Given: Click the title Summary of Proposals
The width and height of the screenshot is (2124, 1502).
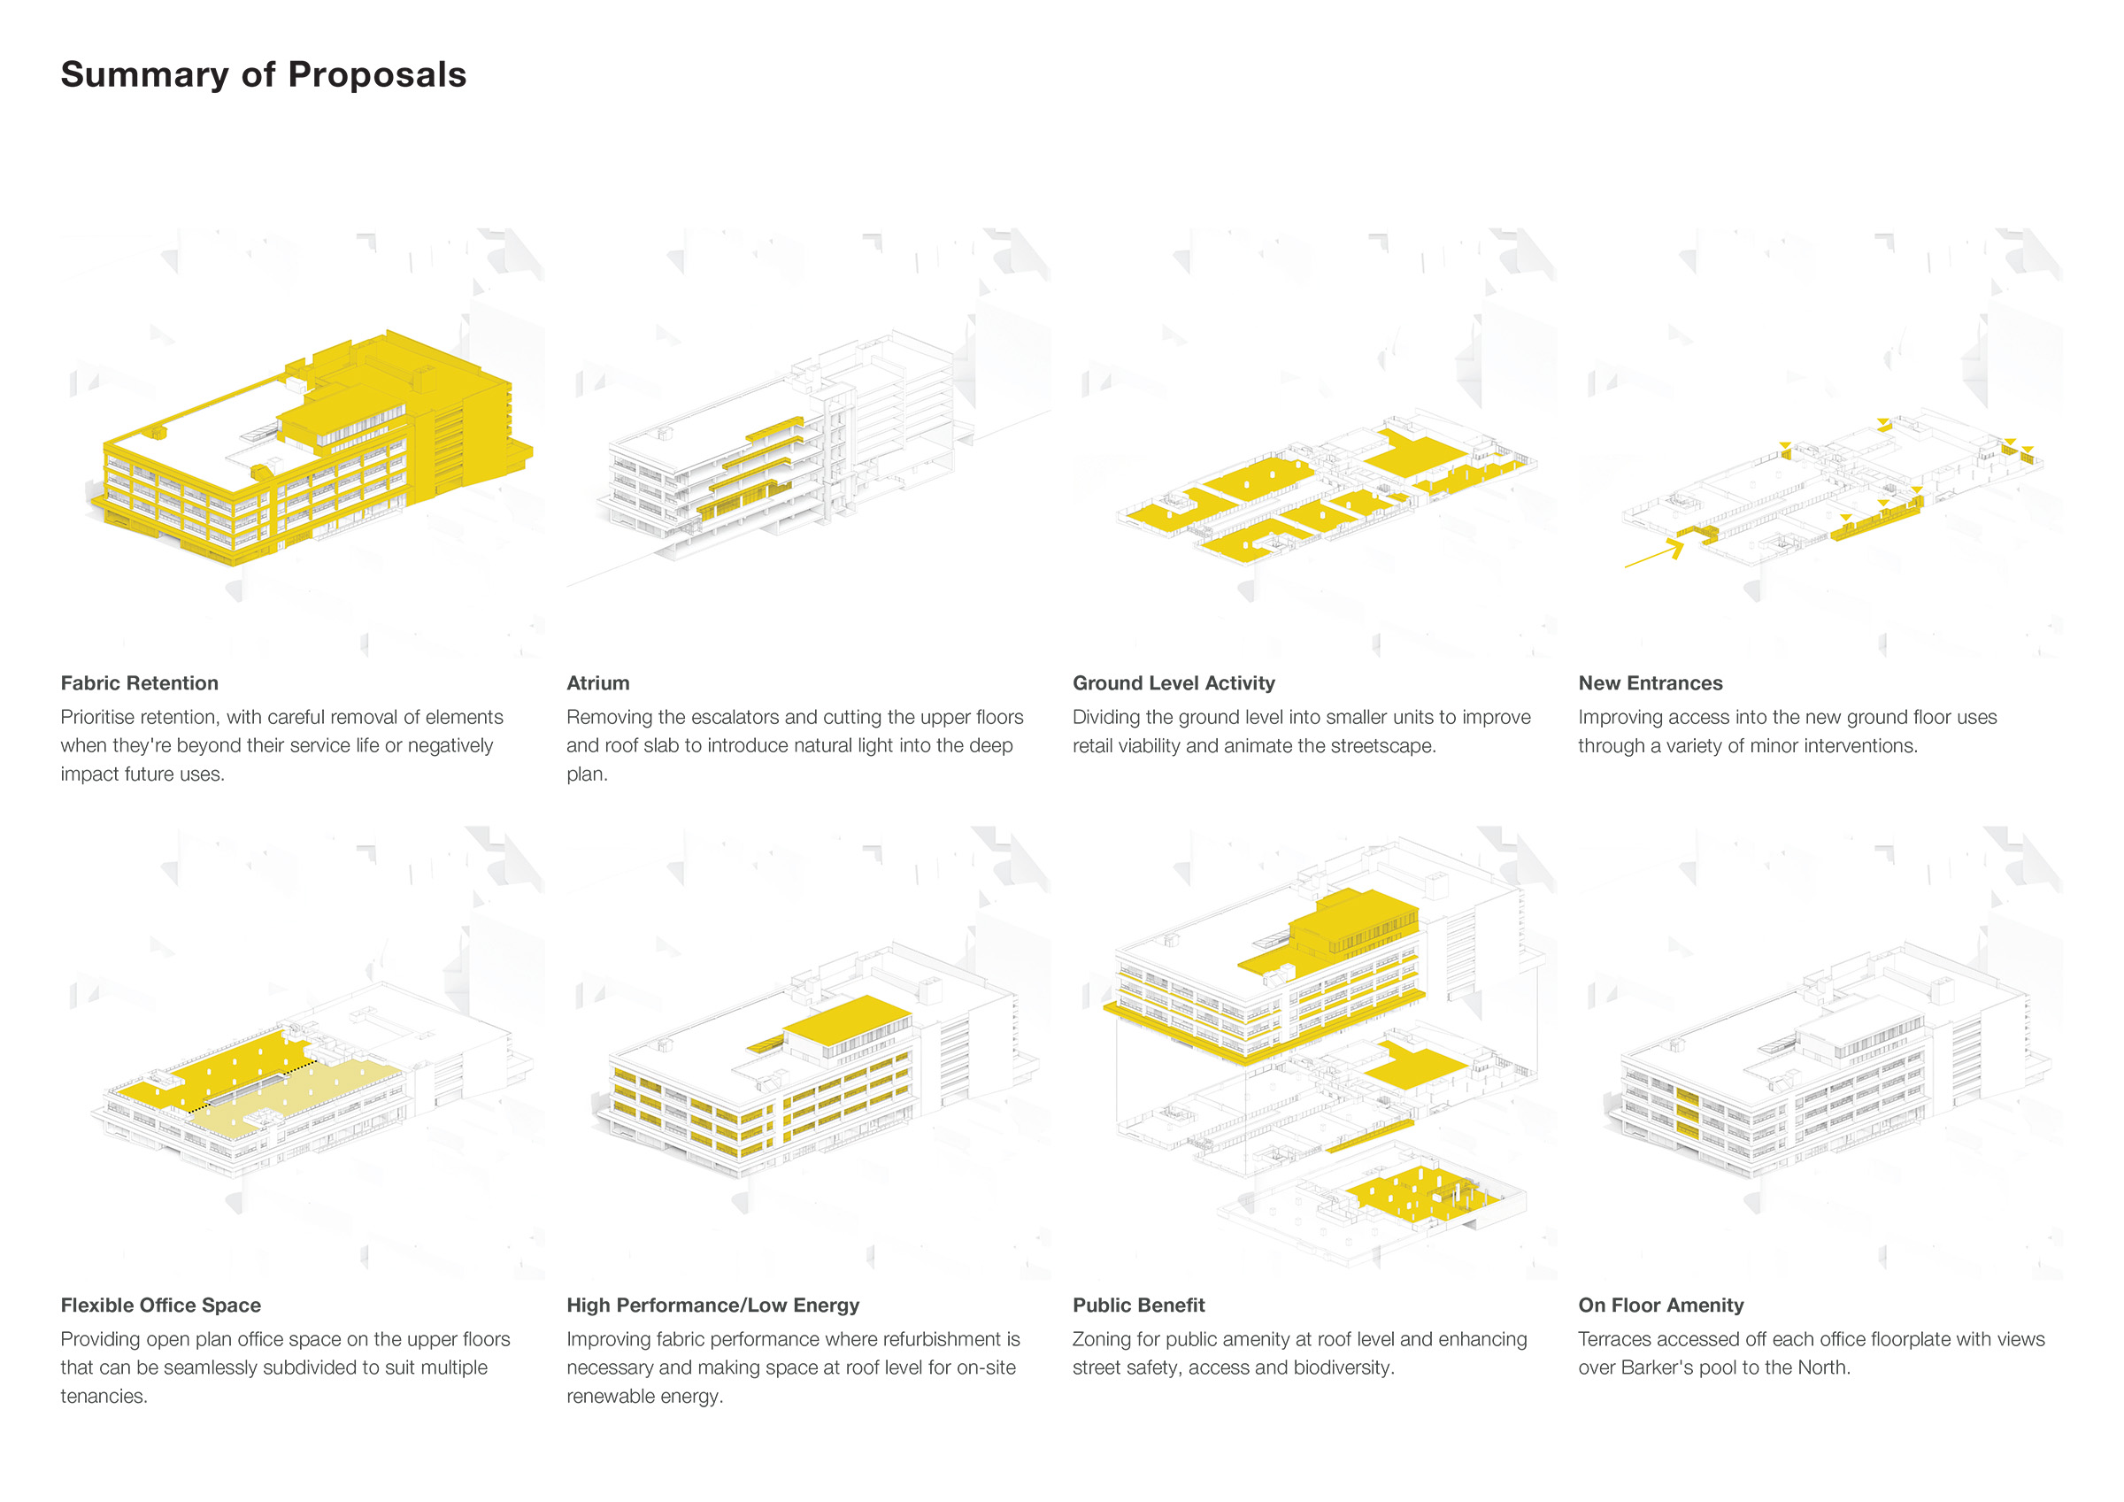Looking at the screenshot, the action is pyautogui.click(x=264, y=75).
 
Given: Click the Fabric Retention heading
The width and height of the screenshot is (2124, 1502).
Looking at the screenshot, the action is pyautogui.click(x=140, y=683).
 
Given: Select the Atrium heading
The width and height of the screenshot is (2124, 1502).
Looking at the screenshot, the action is pyautogui.click(x=597, y=683).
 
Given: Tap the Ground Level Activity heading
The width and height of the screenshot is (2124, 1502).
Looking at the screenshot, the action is pyautogui.click(x=1173, y=683).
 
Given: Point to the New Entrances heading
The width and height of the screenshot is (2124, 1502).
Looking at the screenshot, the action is pyautogui.click(x=1651, y=683).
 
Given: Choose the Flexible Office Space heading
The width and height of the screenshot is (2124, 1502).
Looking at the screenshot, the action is pyautogui.click(x=161, y=1305).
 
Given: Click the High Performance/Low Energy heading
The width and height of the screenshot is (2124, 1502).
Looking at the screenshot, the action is pyautogui.click(x=713, y=1305).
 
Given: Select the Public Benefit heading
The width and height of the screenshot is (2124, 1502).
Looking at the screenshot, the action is pyautogui.click(x=1139, y=1305).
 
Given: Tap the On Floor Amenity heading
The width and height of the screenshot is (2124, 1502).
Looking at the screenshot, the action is pyautogui.click(x=1660, y=1305).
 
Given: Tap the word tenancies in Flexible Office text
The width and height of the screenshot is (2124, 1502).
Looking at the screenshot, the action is pyautogui.click(x=102, y=1396).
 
